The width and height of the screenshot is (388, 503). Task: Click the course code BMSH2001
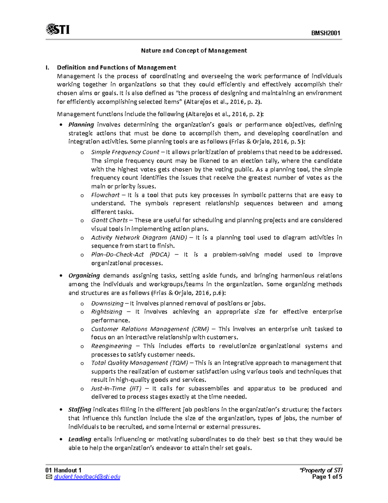coord(325,33)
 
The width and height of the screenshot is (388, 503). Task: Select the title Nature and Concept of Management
coord(194,51)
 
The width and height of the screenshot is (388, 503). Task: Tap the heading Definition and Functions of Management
coord(116,67)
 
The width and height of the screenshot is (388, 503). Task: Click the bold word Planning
coord(81,125)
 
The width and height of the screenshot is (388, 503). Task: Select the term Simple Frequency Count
coord(125,152)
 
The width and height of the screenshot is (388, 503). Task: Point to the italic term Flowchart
coord(105,195)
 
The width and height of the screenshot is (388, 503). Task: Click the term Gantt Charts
coord(109,220)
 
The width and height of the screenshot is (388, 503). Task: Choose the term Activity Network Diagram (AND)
coord(139,237)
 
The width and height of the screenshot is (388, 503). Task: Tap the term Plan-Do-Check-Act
coord(117,255)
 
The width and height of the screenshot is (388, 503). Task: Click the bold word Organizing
coord(84,276)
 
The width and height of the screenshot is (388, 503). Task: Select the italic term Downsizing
coord(107,303)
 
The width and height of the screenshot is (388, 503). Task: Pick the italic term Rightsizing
coord(106,312)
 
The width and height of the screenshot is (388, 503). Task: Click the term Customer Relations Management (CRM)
coord(150,329)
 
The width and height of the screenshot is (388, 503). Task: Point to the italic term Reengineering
coord(111,346)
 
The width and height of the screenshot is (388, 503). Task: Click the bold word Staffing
coord(80,410)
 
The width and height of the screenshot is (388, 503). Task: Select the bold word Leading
coord(80,440)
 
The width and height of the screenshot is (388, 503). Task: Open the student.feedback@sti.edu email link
coord(87,477)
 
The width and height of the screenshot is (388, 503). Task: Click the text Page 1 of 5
coord(327,477)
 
